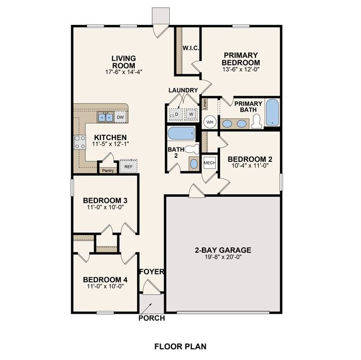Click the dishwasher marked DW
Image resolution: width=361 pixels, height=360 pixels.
[x=120, y=117]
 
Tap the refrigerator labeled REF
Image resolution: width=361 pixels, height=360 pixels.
[x=129, y=166]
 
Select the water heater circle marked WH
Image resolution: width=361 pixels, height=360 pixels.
[x=210, y=122]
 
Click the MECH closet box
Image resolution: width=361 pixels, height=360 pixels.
[x=209, y=163]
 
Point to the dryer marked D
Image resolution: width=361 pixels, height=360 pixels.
[x=177, y=114]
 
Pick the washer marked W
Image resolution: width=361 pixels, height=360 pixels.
[x=191, y=114]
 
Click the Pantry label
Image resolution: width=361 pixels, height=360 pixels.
[x=108, y=171]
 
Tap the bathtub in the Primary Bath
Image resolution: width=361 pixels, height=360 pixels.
[x=272, y=113]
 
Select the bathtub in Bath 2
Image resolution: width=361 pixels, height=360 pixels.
[x=182, y=134]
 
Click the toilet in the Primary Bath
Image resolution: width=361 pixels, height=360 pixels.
[x=257, y=121]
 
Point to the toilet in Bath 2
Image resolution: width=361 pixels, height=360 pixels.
[x=192, y=149]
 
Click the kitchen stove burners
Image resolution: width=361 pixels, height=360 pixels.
[x=80, y=142]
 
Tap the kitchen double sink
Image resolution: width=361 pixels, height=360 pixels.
[x=105, y=117]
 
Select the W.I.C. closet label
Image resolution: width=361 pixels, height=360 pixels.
[x=191, y=48]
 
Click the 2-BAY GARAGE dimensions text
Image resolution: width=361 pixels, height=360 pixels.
[x=223, y=257]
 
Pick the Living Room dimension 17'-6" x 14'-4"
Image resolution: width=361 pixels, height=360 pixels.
[x=124, y=72]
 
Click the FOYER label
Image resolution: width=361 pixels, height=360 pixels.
[x=152, y=272]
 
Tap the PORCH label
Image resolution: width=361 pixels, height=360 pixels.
[x=152, y=318]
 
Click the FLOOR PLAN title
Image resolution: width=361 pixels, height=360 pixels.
[x=180, y=346]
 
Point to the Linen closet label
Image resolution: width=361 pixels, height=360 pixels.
[x=205, y=104]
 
